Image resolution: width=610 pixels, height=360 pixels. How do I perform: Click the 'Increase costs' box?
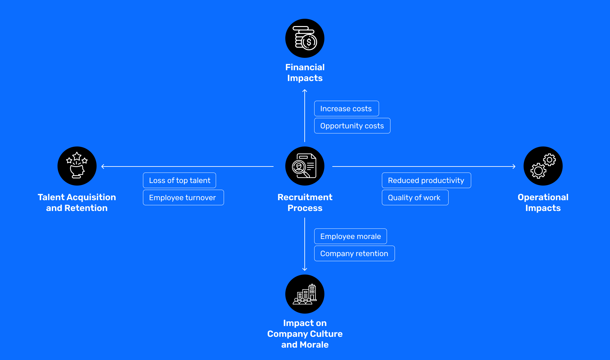[x=346, y=109]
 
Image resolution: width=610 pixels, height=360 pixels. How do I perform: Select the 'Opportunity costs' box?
[x=352, y=126]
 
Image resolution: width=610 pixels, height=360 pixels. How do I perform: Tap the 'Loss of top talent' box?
[x=180, y=180]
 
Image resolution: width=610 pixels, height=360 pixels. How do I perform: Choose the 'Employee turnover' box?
[x=183, y=198]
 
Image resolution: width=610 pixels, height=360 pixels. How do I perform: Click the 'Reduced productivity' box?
[x=426, y=180]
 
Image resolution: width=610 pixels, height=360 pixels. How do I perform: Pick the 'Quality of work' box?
[x=415, y=198]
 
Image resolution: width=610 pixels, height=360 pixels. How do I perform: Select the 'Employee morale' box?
[x=350, y=236]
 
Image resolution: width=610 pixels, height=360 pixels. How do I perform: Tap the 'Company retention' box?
[x=354, y=254]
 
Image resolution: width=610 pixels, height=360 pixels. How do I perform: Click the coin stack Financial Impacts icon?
[x=305, y=38]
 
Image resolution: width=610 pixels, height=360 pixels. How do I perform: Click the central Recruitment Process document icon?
[x=305, y=166]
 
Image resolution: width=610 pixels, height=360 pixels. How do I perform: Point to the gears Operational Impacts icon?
[x=543, y=166]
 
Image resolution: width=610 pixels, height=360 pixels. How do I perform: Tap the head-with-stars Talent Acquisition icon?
[x=77, y=166]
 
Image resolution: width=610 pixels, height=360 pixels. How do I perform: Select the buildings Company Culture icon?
[x=305, y=294]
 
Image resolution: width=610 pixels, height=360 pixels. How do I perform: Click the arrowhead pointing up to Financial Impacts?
[x=305, y=91]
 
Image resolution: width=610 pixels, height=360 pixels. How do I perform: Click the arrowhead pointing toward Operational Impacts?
[x=514, y=166]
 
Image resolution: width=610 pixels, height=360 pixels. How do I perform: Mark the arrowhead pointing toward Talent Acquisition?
[x=103, y=166]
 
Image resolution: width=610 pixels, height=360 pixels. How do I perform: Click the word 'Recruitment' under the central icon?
[x=305, y=197]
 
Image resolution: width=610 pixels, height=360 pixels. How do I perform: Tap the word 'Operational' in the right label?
[x=543, y=197]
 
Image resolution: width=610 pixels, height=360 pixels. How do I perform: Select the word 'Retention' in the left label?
[x=86, y=208]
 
